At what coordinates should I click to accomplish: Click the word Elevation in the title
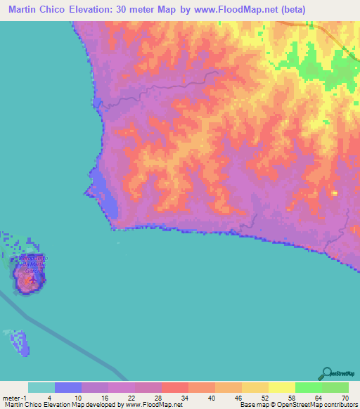[x=120, y=10]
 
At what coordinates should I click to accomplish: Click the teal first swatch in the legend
[x=41, y=387]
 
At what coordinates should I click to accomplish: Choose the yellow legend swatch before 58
[x=282, y=387]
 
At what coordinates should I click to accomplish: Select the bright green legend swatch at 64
[x=309, y=387]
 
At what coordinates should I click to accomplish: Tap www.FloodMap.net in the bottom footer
[x=152, y=405]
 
